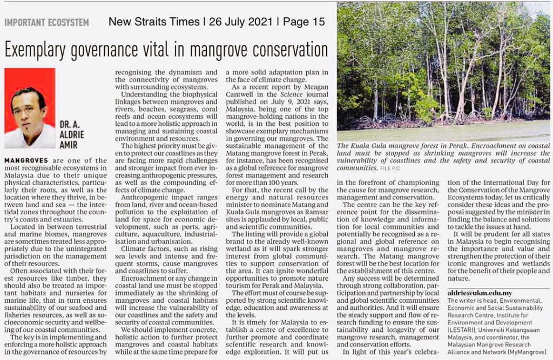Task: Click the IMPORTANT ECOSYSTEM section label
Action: (46, 23)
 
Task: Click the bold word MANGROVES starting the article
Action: (26, 161)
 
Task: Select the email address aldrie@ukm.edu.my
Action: (480, 293)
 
